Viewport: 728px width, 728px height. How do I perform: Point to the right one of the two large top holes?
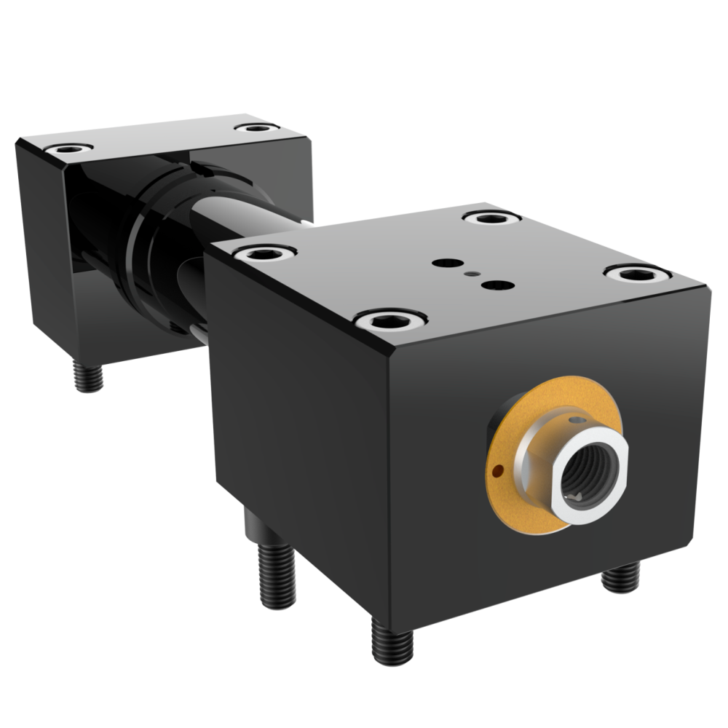coord(497,285)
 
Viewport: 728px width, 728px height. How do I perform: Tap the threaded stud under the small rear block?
coord(88,376)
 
